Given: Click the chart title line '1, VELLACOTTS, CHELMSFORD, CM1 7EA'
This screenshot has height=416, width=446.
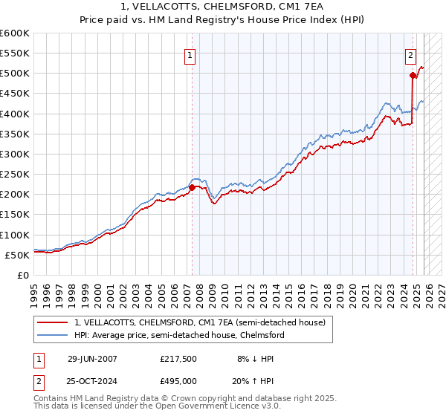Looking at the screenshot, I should pyautogui.click(x=222, y=7).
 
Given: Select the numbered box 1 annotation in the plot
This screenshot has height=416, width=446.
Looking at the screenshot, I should pyautogui.click(x=190, y=54).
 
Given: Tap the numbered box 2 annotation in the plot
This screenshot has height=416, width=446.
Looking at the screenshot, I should pyautogui.click(x=410, y=54).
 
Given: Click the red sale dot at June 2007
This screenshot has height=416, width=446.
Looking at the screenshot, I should pyautogui.click(x=192, y=187).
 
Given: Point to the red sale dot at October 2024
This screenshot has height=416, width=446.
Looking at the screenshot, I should pyautogui.click(x=413, y=75).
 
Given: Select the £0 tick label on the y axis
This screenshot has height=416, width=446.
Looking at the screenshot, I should pyautogui.click(x=22, y=275).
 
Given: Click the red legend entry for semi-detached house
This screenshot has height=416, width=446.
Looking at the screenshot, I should pyautogui.click(x=199, y=323).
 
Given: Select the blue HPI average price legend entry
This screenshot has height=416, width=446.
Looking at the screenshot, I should pyautogui.click(x=178, y=336).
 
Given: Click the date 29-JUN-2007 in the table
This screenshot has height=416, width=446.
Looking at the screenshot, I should pyautogui.click(x=92, y=358).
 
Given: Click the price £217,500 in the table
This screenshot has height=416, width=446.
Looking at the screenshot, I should pyautogui.click(x=178, y=358).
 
